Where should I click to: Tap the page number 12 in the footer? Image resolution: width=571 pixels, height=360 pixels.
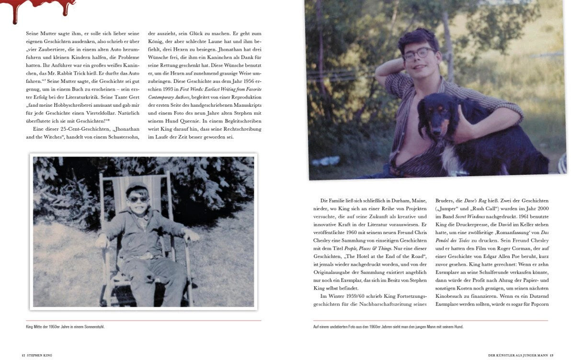pos(23,355)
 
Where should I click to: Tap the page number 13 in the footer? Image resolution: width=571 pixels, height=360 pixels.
pos(551,355)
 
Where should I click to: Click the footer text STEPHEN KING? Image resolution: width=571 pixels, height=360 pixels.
pos(39,355)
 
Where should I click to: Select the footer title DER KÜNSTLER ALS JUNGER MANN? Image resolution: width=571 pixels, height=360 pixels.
pos(517,355)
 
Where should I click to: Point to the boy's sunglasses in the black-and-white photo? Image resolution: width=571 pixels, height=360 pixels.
pos(137,199)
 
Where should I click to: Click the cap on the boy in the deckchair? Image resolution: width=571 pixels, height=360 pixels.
pos(137,187)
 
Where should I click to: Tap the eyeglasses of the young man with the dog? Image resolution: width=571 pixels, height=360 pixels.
pos(418,53)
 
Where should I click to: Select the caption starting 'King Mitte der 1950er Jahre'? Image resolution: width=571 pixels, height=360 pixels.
pos(65,327)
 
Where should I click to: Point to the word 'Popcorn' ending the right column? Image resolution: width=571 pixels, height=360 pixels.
pos(538,304)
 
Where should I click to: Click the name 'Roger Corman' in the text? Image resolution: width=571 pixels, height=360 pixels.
pos(502,248)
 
